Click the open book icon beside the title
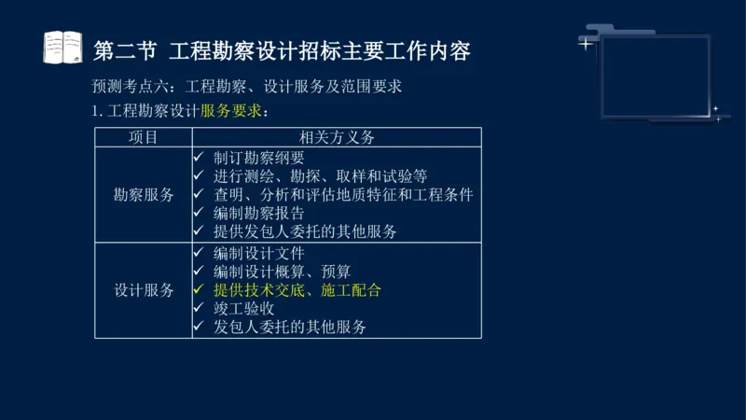pyautogui.click(x=63, y=48)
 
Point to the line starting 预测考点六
pyautogui.click(x=246, y=87)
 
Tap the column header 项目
pyautogui.click(x=143, y=137)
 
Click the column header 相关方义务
pyautogui.click(x=336, y=137)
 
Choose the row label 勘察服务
pyautogui.click(x=144, y=195)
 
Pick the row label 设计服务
pyautogui.click(x=144, y=289)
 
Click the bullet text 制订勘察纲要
pyautogui.click(x=258, y=158)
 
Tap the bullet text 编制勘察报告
pyautogui.click(x=258, y=213)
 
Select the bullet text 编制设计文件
pyautogui.click(x=258, y=253)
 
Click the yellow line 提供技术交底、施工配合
pyautogui.click(x=297, y=290)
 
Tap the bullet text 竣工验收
pyautogui.click(x=243, y=308)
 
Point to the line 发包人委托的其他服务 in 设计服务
pyautogui.click(x=289, y=327)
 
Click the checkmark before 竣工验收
pyautogui.click(x=199, y=308)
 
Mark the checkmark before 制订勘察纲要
pyautogui.click(x=199, y=158)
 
